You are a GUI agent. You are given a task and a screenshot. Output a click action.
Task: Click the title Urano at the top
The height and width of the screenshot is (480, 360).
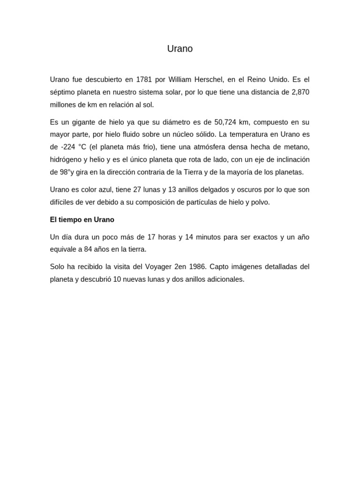pos(180,49)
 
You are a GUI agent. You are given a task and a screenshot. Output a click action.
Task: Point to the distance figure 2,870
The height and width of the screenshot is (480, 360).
pos(300,92)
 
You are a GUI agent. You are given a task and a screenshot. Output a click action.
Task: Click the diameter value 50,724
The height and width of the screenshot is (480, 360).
pos(225,122)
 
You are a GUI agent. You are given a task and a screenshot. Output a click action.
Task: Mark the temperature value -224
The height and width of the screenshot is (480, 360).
pos(68,147)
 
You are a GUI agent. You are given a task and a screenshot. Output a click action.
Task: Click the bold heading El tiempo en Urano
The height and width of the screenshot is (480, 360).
pos(82,219)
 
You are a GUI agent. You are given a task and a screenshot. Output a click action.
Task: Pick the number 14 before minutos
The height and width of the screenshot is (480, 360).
pos(189,237)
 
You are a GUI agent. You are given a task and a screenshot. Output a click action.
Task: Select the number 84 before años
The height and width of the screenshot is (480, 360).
pos(89,249)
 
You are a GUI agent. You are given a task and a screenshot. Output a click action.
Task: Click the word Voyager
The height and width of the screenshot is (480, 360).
pos(156,267)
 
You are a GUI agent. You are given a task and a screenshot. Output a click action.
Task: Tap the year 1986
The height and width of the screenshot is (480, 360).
pos(198,267)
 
